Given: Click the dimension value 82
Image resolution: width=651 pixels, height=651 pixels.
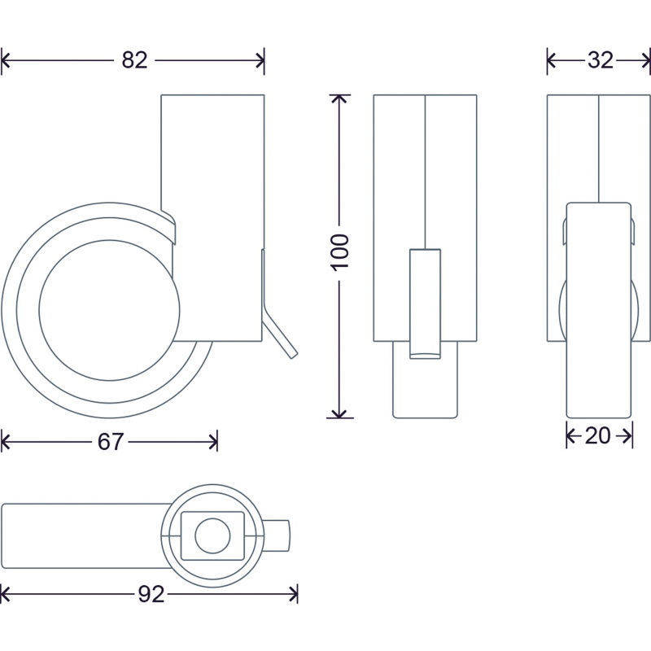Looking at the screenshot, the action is (134, 60).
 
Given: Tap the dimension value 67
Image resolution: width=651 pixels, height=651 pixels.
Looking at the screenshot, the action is (111, 442).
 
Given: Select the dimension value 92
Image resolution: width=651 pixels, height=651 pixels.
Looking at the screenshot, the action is (151, 595).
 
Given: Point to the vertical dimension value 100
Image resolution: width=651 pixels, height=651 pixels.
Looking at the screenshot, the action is (339, 253).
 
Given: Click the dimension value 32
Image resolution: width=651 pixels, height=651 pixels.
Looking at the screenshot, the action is (601, 60).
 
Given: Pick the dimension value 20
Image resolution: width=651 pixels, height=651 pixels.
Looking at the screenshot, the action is (598, 436).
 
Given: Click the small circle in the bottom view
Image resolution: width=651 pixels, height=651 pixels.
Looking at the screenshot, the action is (212, 535).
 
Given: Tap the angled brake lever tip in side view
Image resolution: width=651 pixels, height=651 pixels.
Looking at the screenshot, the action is (293, 354).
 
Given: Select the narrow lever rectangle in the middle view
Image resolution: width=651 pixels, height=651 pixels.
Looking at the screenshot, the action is (425, 304).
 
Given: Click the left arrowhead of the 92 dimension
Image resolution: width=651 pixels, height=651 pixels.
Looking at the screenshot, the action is (5, 595).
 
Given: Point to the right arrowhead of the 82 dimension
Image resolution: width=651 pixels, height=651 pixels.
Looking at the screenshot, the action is (260, 60).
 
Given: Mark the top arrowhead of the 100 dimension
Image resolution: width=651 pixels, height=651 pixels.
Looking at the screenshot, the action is (339, 98).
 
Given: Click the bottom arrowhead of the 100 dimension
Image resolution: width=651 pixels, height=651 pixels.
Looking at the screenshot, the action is (339, 413).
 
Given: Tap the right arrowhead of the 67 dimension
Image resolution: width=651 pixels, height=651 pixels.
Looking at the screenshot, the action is (213, 442).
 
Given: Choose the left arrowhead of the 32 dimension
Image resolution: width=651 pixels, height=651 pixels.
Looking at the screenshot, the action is (552, 60).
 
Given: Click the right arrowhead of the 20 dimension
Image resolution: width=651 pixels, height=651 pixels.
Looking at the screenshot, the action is (627, 436).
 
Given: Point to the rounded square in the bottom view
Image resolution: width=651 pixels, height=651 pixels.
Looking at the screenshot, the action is (212, 535).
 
